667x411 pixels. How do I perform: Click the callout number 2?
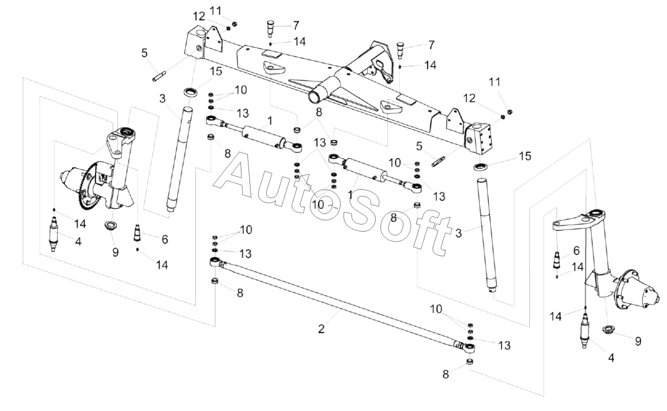321,329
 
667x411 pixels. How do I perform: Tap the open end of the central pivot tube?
314,97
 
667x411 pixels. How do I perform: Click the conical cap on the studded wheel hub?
647,298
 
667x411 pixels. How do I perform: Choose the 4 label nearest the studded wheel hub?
611,358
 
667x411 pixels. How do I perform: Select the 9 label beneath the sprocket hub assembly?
115,252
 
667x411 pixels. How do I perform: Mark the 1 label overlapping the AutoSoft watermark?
350,195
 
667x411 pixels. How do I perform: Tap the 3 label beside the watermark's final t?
458,233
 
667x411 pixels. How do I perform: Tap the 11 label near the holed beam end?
495,82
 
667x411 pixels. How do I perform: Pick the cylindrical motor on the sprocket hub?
72,178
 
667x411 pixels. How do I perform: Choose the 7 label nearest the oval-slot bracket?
432,45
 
